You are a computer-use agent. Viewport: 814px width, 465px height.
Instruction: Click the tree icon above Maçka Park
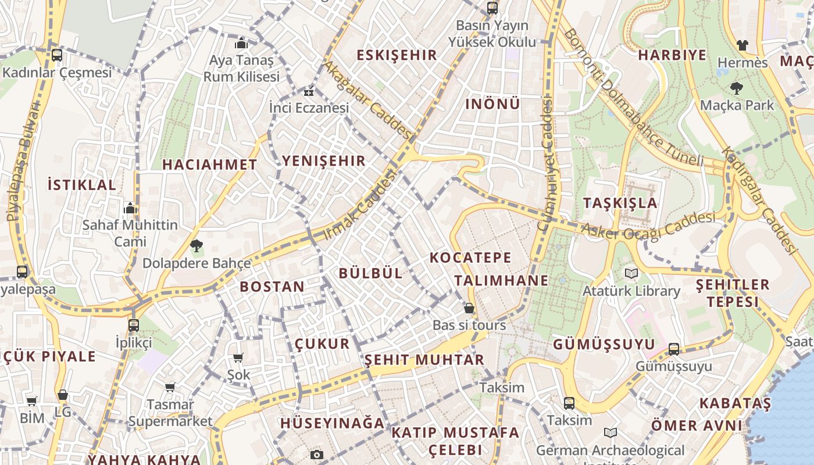pos(737,88)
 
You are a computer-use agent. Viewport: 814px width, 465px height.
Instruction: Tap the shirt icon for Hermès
pos(742,45)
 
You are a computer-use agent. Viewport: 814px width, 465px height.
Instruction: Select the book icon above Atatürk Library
pos(631,273)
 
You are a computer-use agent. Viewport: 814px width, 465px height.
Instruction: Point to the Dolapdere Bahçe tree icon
pos(197,246)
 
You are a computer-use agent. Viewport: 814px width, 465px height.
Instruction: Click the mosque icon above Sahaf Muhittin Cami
pos(130,208)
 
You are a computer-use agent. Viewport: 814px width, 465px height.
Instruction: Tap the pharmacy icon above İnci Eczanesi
pos(309,91)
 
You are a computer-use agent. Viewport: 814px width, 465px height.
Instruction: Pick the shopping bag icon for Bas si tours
pos(469,308)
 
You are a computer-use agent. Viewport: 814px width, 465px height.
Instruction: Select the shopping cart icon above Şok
pos(238,357)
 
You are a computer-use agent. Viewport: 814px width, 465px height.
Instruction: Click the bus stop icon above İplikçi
pos(134,325)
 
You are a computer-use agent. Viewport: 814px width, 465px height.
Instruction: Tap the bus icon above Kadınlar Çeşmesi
pos(56,55)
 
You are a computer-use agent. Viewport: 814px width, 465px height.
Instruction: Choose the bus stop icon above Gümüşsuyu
pos(673,349)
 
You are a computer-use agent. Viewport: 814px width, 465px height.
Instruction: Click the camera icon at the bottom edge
pos(316,455)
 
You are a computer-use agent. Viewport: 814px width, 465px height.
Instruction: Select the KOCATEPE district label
pos(470,257)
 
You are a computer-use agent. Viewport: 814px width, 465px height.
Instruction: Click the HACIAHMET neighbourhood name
pos(209,164)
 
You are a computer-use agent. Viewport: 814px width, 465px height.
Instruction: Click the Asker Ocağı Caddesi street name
pos(648,227)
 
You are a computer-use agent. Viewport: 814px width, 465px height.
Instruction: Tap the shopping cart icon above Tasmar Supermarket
pos(170,387)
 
